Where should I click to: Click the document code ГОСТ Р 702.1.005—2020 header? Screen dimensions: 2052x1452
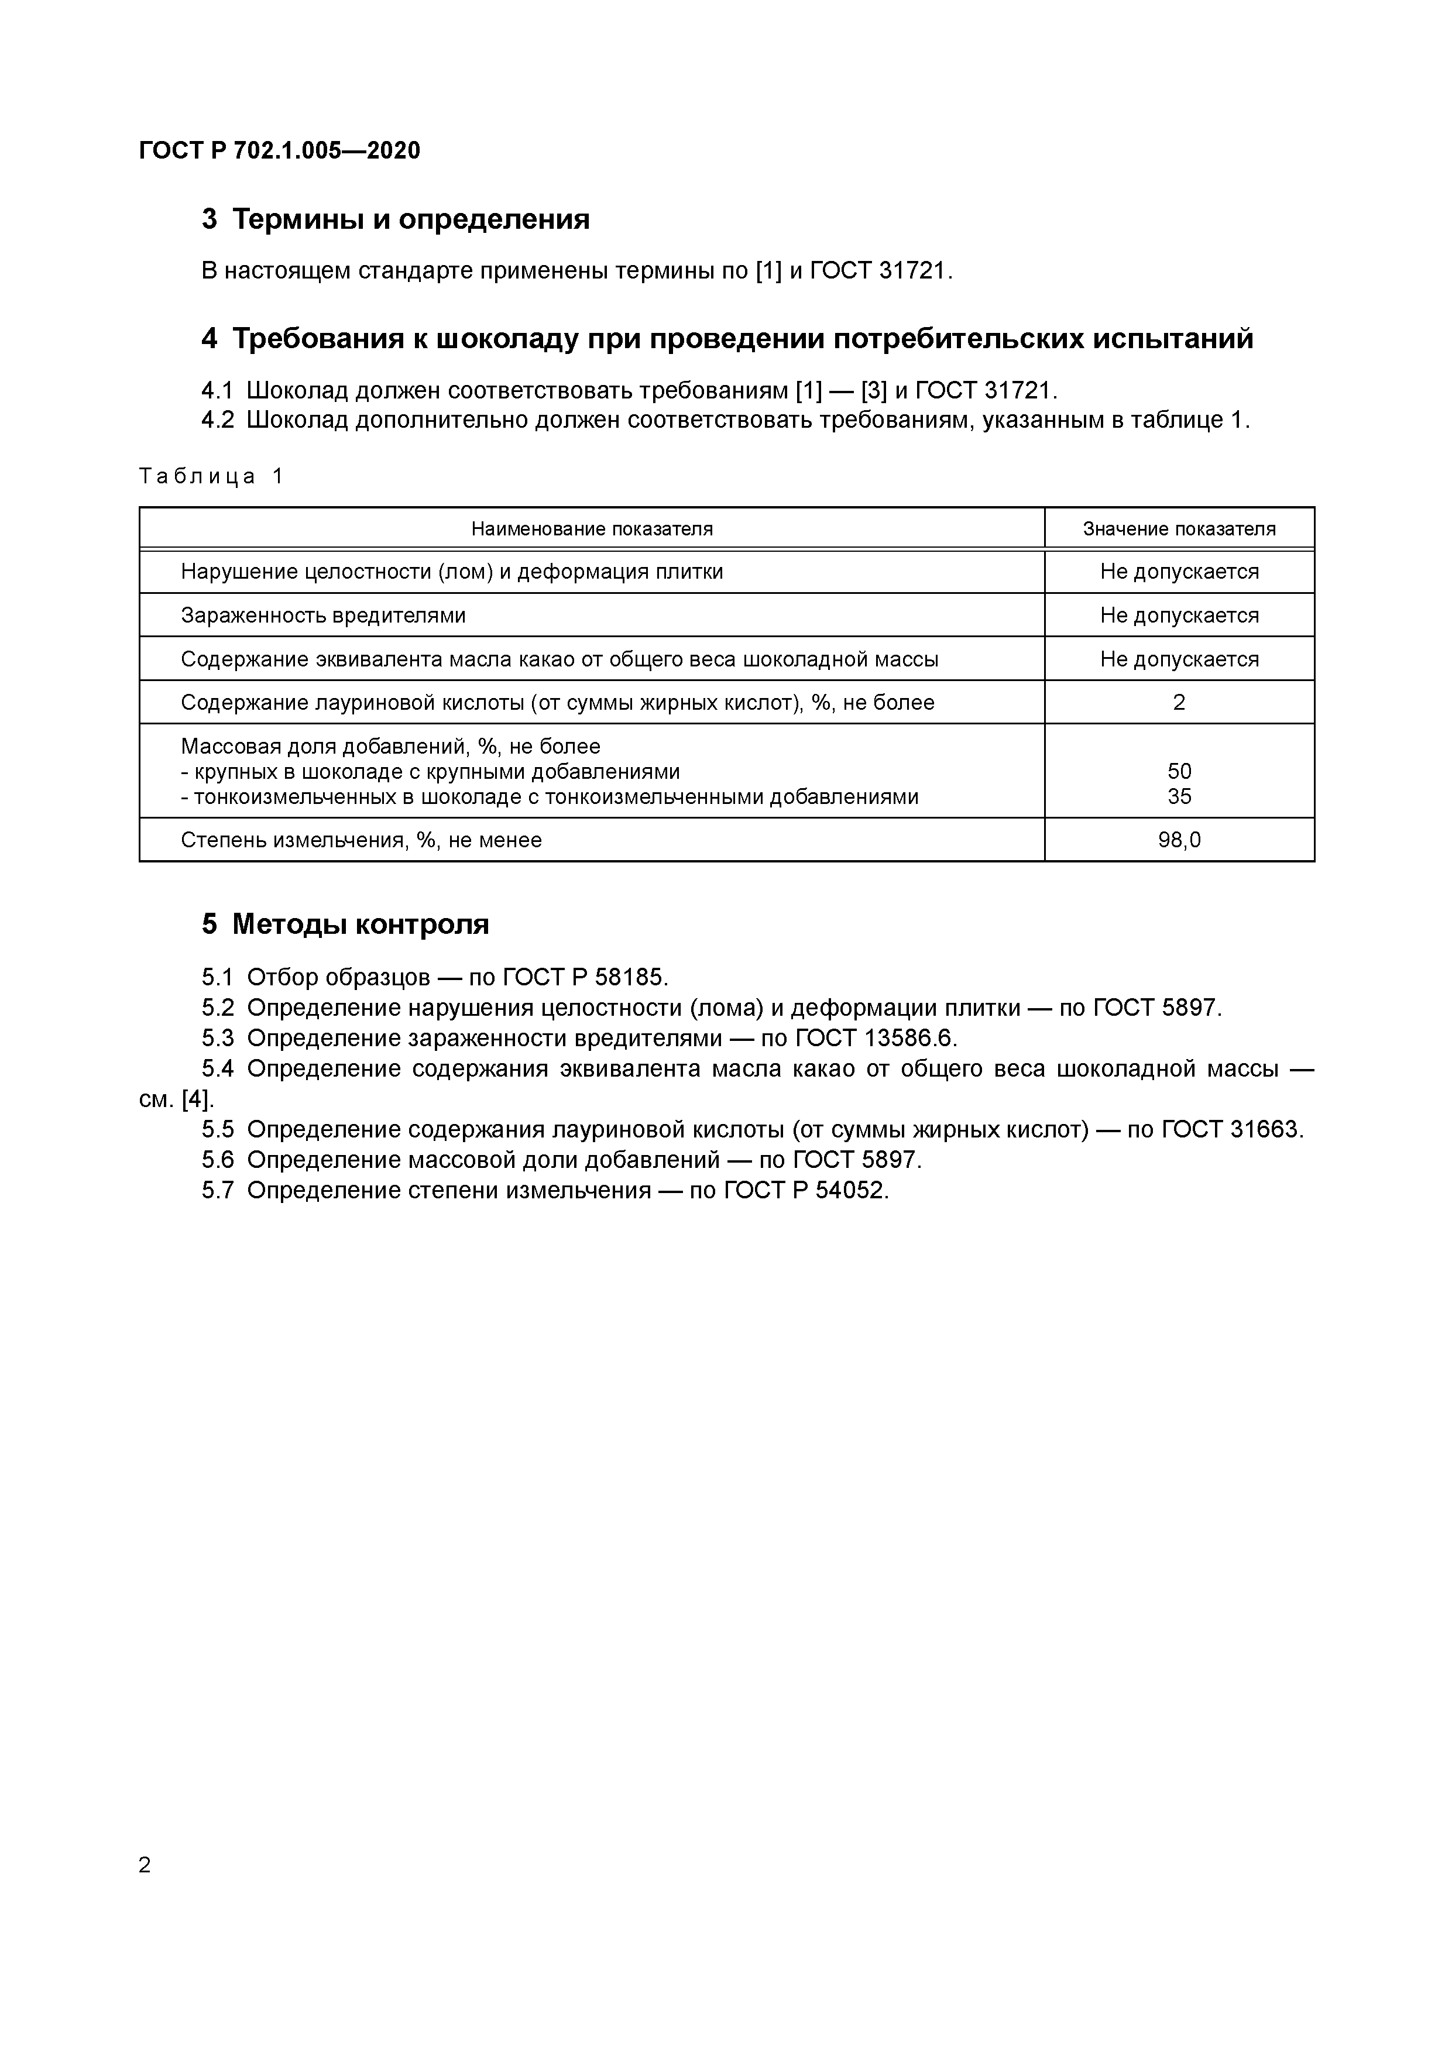tap(279, 150)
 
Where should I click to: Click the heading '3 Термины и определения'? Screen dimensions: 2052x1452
tap(395, 219)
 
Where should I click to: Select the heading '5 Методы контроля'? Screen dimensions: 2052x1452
tap(345, 924)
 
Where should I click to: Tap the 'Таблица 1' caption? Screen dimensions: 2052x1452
tap(211, 476)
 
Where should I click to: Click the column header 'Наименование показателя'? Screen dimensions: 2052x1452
tap(592, 528)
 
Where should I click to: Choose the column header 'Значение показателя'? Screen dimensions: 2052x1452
tap(1179, 528)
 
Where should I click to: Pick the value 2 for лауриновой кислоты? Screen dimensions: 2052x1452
tap(1179, 703)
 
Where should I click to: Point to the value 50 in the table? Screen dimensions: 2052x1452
tap(1179, 771)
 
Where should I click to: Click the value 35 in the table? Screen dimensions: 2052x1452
tap(1179, 796)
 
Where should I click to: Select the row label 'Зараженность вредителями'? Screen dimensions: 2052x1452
tap(323, 615)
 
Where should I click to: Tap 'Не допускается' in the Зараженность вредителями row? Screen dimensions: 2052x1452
tap(1179, 615)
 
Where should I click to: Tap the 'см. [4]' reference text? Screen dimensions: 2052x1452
tap(176, 1099)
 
